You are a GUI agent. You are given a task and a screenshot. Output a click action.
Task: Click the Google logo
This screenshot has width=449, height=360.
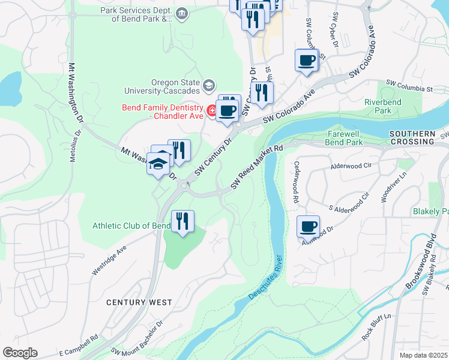pyautogui.click(x=20, y=353)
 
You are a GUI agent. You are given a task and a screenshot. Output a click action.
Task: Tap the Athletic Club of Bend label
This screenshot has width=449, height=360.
pyautogui.click(x=131, y=226)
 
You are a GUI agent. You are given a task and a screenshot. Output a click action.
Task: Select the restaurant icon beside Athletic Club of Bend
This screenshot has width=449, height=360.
pyautogui.click(x=183, y=221)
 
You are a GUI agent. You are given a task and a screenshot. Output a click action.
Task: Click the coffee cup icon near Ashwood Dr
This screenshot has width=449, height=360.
pyautogui.click(x=309, y=226)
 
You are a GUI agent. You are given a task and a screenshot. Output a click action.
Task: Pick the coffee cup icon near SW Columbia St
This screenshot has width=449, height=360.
pyautogui.click(x=307, y=60)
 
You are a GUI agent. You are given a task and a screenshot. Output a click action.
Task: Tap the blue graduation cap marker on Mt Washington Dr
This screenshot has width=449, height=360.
pyautogui.click(x=158, y=164)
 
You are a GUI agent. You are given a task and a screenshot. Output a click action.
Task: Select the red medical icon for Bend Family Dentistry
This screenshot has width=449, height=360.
pyautogui.click(x=211, y=110)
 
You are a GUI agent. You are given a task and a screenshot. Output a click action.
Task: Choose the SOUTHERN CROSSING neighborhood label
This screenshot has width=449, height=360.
pyautogui.click(x=411, y=137)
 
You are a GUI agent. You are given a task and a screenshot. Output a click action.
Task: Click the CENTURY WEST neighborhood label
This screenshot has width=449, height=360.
pyautogui.click(x=139, y=302)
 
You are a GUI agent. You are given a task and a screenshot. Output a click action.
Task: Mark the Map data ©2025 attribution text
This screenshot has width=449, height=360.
pyautogui.click(x=424, y=355)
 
